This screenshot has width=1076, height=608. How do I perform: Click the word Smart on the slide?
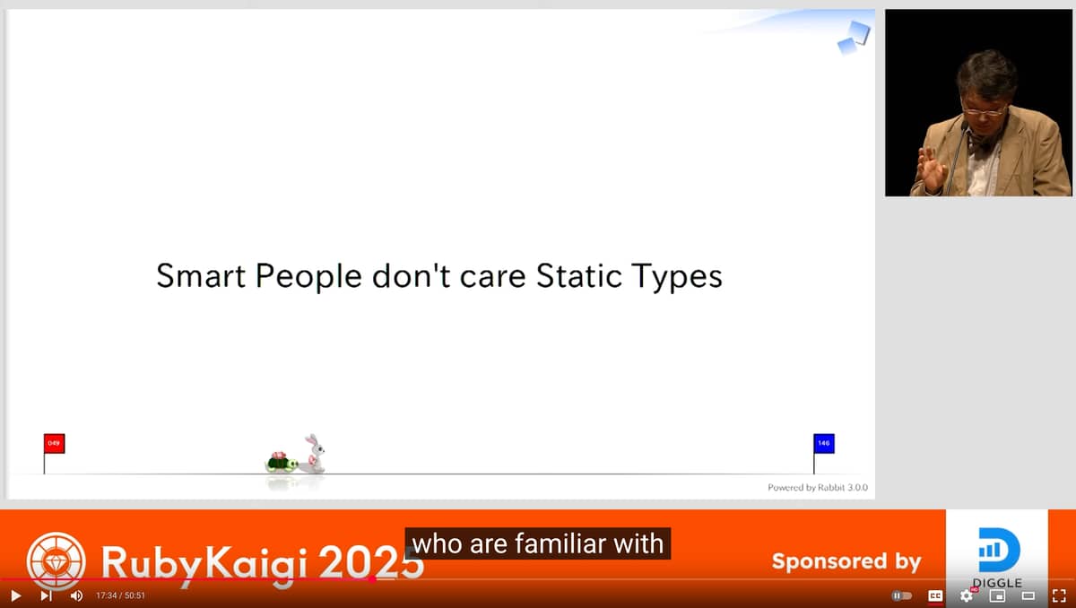click(x=201, y=275)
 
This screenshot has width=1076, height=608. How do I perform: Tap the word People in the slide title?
click(x=308, y=276)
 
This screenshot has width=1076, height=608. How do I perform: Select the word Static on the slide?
click(x=579, y=275)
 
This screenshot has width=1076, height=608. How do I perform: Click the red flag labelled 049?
click(x=55, y=443)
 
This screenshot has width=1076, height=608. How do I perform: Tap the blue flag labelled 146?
click(x=824, y=443)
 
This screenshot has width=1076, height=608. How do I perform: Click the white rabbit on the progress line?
click(x=315, y=454)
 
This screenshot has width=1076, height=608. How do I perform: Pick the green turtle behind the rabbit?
click(x=281, y=462)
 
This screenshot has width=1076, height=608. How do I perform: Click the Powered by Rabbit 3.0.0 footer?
click(x=818, y=488)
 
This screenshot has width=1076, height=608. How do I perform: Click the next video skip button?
click(x=46, y=595)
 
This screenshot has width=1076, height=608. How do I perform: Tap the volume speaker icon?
click(x=76, y=595)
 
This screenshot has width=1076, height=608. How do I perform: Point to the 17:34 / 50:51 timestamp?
click(x=120, y=595)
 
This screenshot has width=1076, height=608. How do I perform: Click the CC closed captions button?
click(x=934, y=595)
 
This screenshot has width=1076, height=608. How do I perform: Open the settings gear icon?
click(x=966, y=595)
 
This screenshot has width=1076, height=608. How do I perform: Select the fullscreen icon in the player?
click(x=1059, y=595)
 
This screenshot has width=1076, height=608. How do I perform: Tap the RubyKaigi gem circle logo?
click(x=56, y=561)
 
